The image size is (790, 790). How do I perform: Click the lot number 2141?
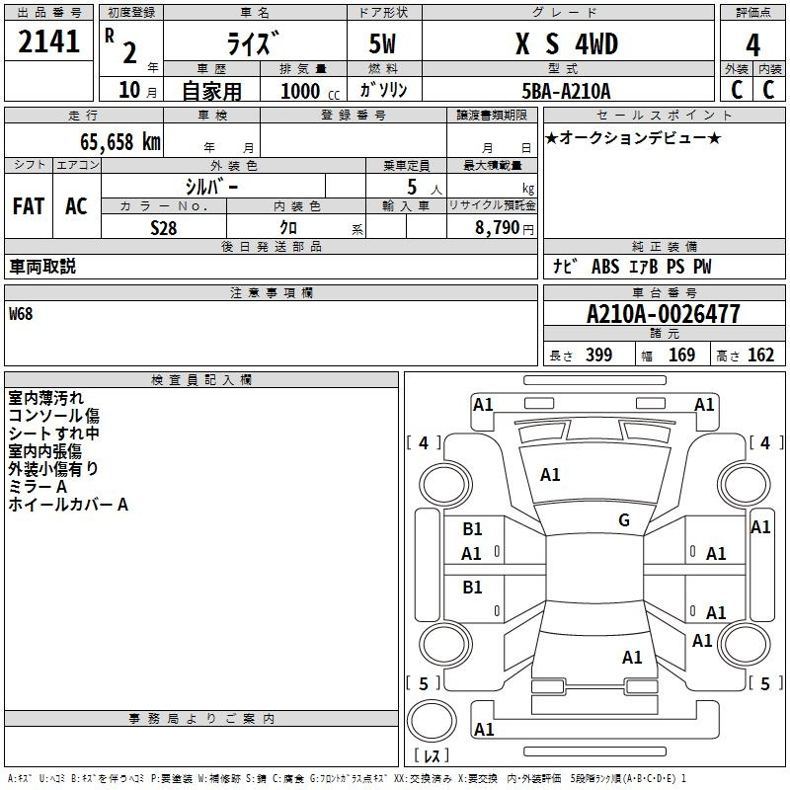tap(48, 41)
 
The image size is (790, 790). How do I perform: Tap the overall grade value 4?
tap(752, 45)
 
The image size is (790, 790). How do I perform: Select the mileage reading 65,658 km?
tap(120, 141)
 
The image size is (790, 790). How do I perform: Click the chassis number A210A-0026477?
tap(664, 314)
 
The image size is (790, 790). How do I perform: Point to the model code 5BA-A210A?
tap(566, 91)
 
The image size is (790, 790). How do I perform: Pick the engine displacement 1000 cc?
tap(310, 91)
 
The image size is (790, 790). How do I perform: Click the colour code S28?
tap(163, 228)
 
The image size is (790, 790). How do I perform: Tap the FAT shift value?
tap(29, 206)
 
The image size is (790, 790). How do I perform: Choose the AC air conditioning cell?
tap(76, 206)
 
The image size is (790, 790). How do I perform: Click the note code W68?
tap(21, 314)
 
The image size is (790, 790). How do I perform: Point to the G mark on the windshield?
tap(624, 519)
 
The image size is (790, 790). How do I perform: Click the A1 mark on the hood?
tap(550, 475)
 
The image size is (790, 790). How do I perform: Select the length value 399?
tap(599, 355)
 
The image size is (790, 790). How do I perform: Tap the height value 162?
tap(760, 355)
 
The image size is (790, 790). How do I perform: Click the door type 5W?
tap(382, 43)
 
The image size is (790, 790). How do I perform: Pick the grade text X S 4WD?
tap(567, 43)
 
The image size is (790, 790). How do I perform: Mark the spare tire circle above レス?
tap(432, 721)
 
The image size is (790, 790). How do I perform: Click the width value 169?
tap(681, 355)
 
